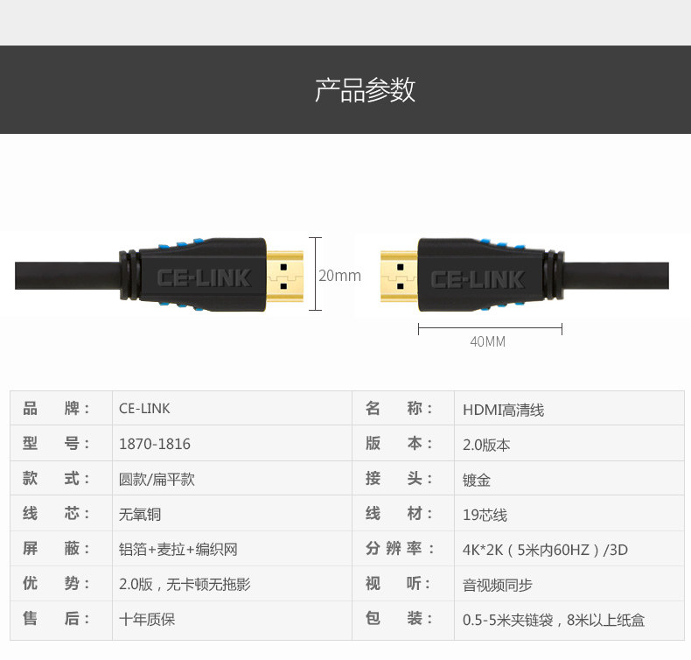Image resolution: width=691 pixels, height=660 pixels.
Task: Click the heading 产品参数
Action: [x=365, y=90]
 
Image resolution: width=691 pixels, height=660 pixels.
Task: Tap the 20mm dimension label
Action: [x=339, y=276]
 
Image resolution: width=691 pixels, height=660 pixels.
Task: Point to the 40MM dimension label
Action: [x=488, y=341]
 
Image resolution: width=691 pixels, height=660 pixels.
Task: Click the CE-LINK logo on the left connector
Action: [x=204, y=278]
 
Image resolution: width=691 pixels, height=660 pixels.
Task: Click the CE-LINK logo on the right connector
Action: [x=478, y=279]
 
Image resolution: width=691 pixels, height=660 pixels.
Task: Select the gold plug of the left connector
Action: [x=284, y=275]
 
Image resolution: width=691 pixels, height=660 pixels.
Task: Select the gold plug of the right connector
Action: [x=400, y=275]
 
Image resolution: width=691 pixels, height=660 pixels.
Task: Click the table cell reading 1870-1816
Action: [x=155, y=444]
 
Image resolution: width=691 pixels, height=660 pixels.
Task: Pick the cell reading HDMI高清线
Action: [x=504, y=409]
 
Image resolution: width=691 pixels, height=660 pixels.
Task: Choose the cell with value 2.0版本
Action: [x=486, y=444]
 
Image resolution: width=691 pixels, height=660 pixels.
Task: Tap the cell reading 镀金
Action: [x=477, y=480]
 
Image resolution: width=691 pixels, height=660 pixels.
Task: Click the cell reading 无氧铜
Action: [x=140, y=515]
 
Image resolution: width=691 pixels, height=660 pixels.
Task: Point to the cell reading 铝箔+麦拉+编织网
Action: [x=178, y=550]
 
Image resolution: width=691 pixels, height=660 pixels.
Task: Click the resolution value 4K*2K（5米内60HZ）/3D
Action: [x=545, y=550]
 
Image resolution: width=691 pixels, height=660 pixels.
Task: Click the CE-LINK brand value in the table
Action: [x=144, y=409]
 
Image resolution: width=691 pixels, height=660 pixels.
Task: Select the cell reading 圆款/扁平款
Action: [x=157, y=480]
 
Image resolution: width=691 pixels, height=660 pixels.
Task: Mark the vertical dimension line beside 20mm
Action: [x=316, y=274]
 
